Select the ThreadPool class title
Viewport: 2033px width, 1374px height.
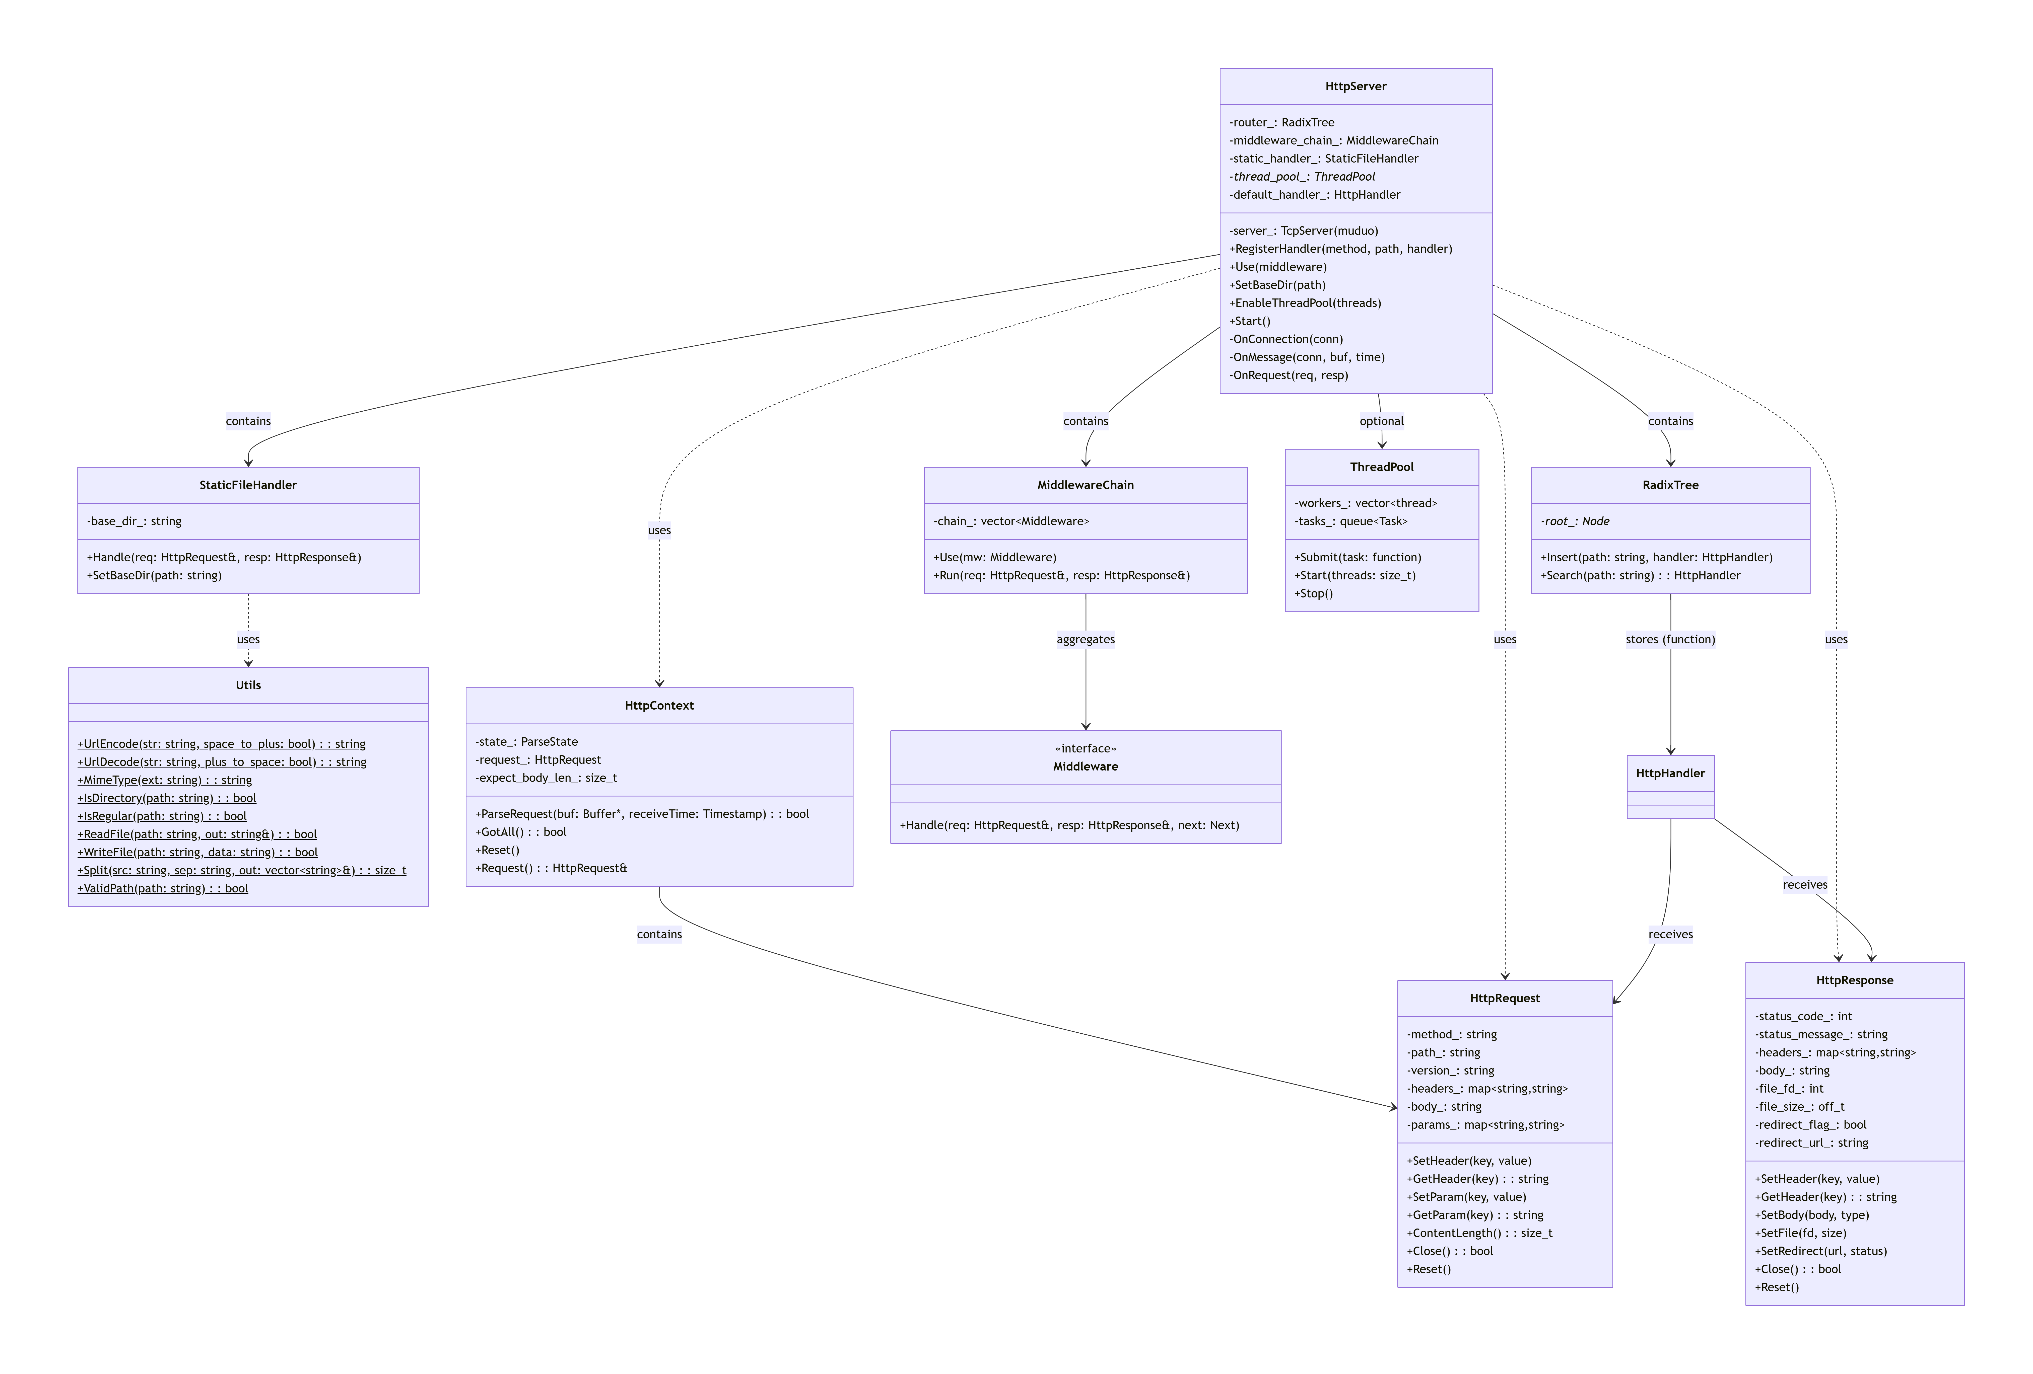pyautogui.click(x=1381, y=467)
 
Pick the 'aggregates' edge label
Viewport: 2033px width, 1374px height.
pyautogui.click(x=1085, y=639)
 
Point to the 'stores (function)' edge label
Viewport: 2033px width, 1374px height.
pyautogui.click(x=1669, y=639)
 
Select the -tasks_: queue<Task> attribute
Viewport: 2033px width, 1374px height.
pyautogui.click(x=1351, y=521)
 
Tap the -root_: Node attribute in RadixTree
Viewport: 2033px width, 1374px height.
pyautogui.click(x=1575, y=521)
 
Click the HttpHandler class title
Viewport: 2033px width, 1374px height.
pyautogui.click(x=1669, y=773)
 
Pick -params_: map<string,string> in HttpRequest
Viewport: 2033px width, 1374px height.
pyautogui.click(x=1484, y=1125)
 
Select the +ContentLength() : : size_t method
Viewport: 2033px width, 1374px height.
pyautogui.click(x=1479, y=1233)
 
